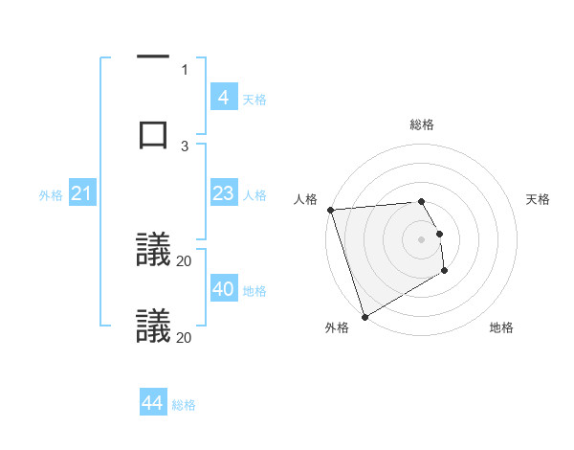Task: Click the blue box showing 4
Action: coord(223,98)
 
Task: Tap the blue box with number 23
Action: coord(223,194)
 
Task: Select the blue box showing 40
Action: coord(223,289)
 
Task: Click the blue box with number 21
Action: coord(81,194)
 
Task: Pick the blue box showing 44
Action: coord(152,403)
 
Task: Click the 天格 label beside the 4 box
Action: coord(254,99)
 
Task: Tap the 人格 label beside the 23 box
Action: coord(254,195)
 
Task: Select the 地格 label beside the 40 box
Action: coord(254,290)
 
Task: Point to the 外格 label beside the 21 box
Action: coord(51,195)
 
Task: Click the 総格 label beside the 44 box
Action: coord(184,404)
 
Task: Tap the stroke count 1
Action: coord(185,69)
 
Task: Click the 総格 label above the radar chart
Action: coord(422,124)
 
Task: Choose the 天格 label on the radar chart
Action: coord(539,199)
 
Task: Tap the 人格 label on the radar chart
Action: coord(305,199)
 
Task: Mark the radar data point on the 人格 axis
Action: coord(331,210)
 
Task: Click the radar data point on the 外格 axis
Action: coord(364,316)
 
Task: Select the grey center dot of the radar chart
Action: coord(422,239)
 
